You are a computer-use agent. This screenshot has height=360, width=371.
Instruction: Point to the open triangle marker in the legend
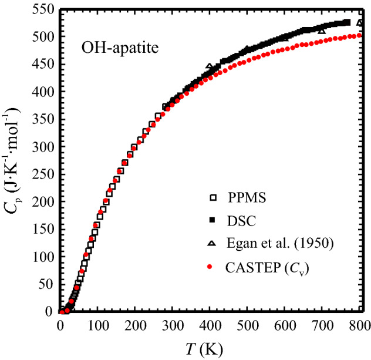click(x=210, y=245)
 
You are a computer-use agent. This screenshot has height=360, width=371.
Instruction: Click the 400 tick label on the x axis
click(x=210, y=326)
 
